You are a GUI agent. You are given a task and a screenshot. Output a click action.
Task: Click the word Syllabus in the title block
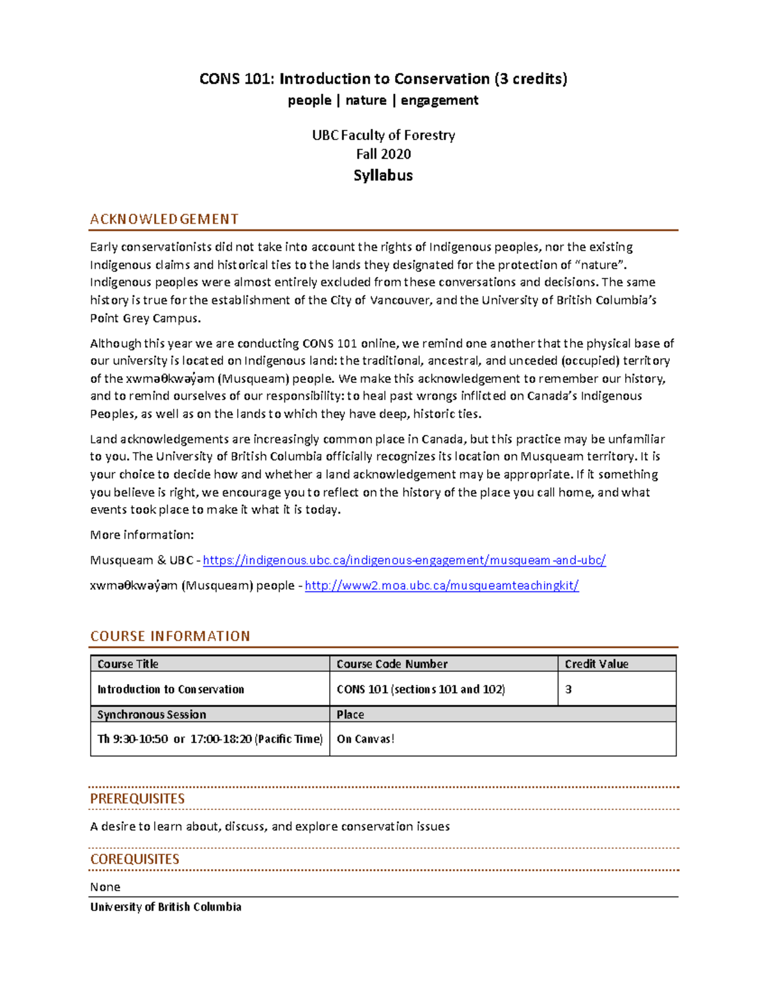pyautogui.click(x=383, y=175)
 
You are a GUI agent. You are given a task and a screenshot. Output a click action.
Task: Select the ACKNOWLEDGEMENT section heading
pyautogui.click(x=164, y=219)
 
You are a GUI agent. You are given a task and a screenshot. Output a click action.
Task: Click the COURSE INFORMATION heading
pyautogui.click(x=170, y=636)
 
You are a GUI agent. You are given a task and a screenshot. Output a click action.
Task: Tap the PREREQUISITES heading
pyautogui.click(x=137, y=799)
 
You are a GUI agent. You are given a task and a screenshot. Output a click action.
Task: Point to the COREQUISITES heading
pyautogui.click(x=135, y=859)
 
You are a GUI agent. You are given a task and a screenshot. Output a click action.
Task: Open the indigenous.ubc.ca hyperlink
pyautogui.click(x=404, y=560)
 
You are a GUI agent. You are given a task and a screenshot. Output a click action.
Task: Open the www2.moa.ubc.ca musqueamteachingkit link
pyautogui.click(x=442, y=586)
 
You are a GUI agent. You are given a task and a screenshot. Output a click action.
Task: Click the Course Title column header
pyautogui.click(x=128, y=664)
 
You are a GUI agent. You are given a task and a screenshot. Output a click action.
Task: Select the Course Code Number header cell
pyautogui.click(x=392, y=664)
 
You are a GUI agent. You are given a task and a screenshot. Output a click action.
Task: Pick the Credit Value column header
pyautogui.click(x=596, y=664)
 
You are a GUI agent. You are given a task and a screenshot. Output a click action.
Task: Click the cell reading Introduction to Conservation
pyautogui.click(x=171, y=689)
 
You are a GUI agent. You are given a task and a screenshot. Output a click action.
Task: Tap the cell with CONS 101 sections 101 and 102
pyautogui.click(x=421, y=689)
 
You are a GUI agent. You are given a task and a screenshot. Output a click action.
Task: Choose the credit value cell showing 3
pyautogui.click(x=568, y=689)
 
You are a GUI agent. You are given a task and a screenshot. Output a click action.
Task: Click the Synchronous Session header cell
pyautogui.click(x=151, y=714)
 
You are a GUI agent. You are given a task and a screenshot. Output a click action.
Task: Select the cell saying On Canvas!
pyautogui.click(x=365, y=739)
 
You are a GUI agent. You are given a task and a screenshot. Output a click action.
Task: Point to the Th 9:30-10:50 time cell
pyautogui.click(x=210, y=739)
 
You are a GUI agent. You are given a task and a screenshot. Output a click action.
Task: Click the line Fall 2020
pyautogui.click(x=383, y=154)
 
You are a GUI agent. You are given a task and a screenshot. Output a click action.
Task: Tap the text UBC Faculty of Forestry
pyautogui.click(x=383, y=135)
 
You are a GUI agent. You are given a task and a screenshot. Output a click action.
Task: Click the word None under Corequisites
pyautogui.click(x=105, y=887)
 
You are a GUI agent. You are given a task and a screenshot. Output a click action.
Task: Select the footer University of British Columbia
pyautogui.click(x=166, y=907)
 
